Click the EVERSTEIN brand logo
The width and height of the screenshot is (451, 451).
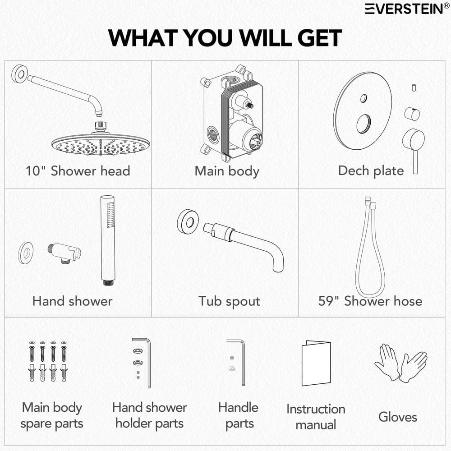click(407, 9)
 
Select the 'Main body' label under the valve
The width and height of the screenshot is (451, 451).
click(227, 171)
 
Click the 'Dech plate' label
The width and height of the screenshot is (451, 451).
click(371, 171)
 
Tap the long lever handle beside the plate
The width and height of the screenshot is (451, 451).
click(414, 150)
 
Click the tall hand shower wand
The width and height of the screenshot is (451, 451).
click(108, 240)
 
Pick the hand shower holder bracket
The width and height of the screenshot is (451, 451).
click(64, 253)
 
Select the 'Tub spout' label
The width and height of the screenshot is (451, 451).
click(229, 301)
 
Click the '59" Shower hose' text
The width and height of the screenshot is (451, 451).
click(370, 301)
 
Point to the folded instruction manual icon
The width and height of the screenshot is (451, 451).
click(316, 363)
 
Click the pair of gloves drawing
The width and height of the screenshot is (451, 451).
click(400, 363)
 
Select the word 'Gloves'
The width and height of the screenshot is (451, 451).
click(398, 417)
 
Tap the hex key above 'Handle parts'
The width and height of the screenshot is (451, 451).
click(240, 363)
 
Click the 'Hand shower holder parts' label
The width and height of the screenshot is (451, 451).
click(150, 415)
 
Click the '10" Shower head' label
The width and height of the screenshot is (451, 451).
click(78, 171)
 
